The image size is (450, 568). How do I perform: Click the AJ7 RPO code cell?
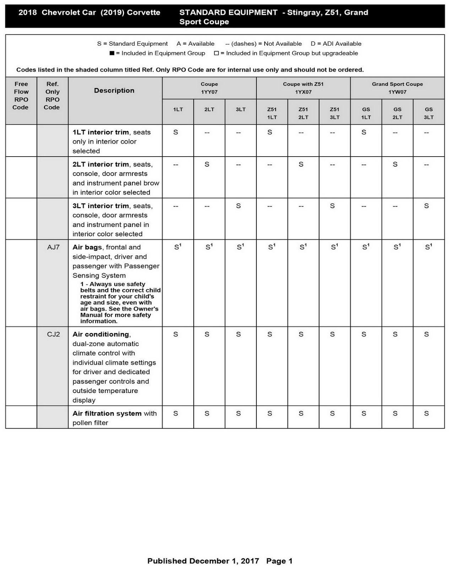coord(53,247)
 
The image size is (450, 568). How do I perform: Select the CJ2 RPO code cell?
coord(53,334)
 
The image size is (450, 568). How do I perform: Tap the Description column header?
coord(114,91)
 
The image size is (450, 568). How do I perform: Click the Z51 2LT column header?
coord(303,113)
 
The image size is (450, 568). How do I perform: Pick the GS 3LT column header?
coord(429,113)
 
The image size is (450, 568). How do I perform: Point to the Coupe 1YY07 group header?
coord(209,88)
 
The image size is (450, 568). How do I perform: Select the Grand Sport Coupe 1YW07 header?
coord(397,88)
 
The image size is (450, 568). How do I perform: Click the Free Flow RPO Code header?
coord(21,95)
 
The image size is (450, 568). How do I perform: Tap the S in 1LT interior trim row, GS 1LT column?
coord(364,132)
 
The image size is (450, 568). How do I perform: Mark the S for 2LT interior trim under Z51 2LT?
coord(301,164)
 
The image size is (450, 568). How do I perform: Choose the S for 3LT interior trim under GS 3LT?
coord(426,206)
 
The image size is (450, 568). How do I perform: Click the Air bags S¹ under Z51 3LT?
coord(334,247)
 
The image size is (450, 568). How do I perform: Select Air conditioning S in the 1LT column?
coord(175,334)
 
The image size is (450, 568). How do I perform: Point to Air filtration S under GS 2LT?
coord(395,414)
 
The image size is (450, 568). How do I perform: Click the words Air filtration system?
coord(107,414)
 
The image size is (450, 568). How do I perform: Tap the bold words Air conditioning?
coord(101,334)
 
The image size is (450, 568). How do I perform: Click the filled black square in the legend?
coord(112,53)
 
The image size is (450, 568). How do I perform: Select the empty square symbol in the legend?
coord(216,53)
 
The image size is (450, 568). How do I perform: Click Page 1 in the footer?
coord(279,561)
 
